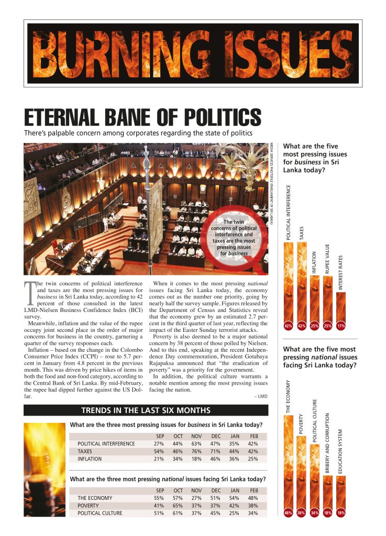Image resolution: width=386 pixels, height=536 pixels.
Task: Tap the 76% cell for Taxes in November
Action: pos(196,451)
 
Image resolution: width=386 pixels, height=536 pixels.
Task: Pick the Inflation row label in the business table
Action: pos(90,459)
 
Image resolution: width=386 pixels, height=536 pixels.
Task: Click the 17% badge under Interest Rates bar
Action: pos(341,326)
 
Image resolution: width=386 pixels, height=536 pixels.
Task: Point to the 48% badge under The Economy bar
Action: pos(288,513)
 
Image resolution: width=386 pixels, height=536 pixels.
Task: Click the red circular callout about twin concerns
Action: pos(233,239)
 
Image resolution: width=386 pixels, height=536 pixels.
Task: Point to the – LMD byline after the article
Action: pos(260,396)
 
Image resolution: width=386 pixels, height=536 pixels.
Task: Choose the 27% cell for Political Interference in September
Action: pos(158,443)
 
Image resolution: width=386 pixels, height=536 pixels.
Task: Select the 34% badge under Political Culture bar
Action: pos(314,513)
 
